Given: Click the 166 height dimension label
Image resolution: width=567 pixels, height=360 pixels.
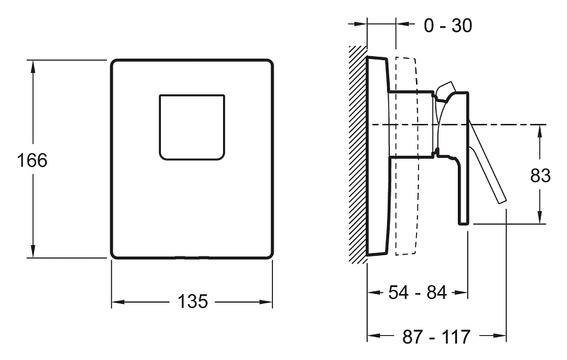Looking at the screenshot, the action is pyautogui.click(x=32, y=160).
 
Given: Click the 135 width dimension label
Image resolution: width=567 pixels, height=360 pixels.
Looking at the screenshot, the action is pyautogui.click(x=193, y=301).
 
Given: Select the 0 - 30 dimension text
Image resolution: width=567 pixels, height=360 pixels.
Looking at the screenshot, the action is pyautogui.click(x=448, y=26).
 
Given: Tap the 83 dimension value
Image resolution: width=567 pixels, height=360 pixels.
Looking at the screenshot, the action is pyautogui.click(x=540, y=176).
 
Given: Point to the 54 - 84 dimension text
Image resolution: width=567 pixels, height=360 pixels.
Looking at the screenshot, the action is pyautogui.click(x=417, y=292).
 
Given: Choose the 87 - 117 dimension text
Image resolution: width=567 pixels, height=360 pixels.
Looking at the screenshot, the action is pyautogui.click(x=436, y=337).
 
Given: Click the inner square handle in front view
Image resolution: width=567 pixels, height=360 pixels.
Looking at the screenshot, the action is pyautogui.click(x=192, y=128).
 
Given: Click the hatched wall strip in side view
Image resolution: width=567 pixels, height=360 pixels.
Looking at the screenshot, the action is pyautogui.click(x=358, y=154).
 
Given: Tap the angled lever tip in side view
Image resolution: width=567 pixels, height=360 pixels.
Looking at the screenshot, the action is pyautogui.click(x=503, y=201).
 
